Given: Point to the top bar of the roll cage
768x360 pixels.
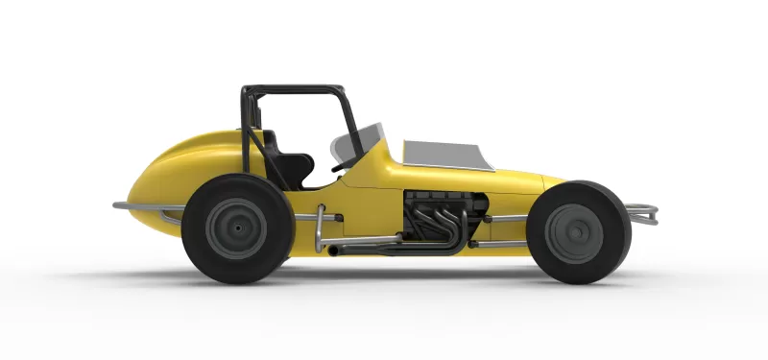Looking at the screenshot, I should tap(293, 88).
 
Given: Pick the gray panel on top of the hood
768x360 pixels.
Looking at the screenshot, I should tap(442, 151).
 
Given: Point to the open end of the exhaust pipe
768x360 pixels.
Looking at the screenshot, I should tap(332, 251).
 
